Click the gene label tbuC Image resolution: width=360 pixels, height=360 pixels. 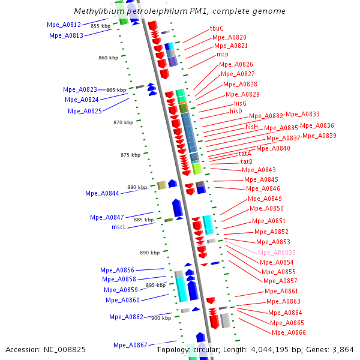tap(217, 28)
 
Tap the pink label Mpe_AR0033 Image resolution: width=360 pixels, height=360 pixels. tap(277, 253)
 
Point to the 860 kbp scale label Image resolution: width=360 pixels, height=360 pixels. tap(108, 58)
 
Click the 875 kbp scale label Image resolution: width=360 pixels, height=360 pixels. tap(130, 155)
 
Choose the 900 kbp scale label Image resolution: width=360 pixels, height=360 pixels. tap(161, 318)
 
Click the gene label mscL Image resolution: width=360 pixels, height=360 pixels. tap(119, 227)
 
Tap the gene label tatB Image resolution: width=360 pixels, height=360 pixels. tap(247, 161)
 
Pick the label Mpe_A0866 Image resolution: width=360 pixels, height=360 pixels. tap(289, 332)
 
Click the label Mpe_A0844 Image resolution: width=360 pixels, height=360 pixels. tap(102, 193)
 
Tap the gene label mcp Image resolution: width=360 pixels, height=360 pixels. tap(222, 54)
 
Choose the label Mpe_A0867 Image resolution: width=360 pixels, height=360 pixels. tap(130, 345)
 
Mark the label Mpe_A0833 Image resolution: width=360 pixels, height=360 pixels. tap(302, 114)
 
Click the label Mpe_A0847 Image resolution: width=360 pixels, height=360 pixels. tap(107, 217)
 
